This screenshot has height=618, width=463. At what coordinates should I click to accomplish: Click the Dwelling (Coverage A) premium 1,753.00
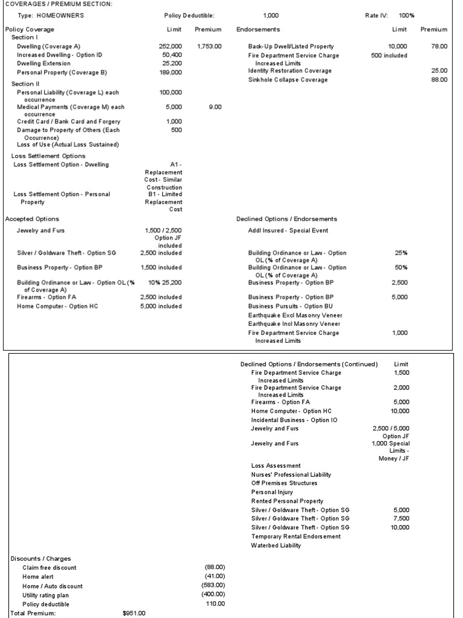(209, 46)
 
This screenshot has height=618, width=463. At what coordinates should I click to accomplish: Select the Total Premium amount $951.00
(134, 613)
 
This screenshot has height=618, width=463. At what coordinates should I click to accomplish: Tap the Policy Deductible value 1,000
(272, 16)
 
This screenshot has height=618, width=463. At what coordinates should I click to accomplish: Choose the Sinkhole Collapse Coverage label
(288, 80)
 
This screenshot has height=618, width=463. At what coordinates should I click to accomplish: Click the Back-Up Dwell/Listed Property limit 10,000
(397, 46)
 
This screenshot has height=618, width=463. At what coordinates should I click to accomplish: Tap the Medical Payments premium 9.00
(215, 107)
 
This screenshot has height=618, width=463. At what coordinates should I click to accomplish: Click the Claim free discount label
(49, 567)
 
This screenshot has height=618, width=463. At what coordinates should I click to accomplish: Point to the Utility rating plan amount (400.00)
(213, 594)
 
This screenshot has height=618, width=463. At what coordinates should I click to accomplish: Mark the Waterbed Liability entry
(276, 546)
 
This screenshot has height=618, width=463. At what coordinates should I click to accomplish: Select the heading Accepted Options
(32, 218)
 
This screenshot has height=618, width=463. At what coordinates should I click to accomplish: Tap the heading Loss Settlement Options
(48, 156)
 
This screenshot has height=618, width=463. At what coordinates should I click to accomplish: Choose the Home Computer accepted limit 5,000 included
(161, 306)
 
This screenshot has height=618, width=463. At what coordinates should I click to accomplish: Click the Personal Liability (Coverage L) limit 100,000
(170, 92)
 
